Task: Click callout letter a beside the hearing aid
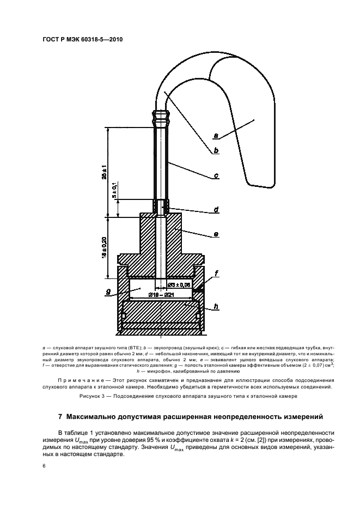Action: [x=216, y=135]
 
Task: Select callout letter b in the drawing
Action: [x=216, y=150]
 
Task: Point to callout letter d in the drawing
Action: [x=216, y=209]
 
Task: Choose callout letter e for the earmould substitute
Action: [x=216, y=234]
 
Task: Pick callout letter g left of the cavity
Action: [x=108, y=292]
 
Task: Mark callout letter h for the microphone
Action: [x=216, y=307]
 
